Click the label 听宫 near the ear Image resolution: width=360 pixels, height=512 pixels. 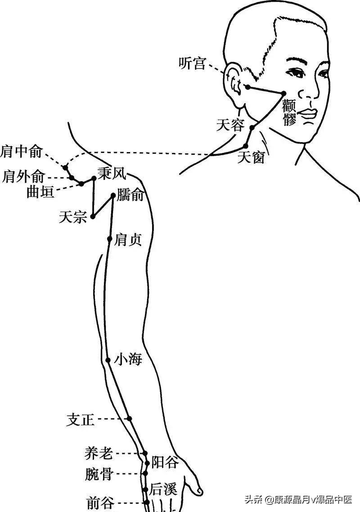click(x=192, y=64)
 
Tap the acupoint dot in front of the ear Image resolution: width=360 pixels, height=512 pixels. click(x=247, y=87)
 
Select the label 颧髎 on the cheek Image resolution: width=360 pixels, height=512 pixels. click(x=289, y=113)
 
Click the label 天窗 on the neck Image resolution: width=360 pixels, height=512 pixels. click(x=251, y=157)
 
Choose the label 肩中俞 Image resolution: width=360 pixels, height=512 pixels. click(x=22, y=152)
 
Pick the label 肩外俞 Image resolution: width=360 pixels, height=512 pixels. click(x=24, y=176)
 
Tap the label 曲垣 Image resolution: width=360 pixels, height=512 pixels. click(x=40, y=192)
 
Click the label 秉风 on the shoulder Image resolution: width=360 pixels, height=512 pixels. click(x=112, y=173)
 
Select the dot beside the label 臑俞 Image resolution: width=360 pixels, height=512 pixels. click(x=113, y=195)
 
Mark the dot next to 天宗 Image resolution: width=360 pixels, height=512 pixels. click(x=93, y=216)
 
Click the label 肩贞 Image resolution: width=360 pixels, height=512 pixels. click(x=128, y=239)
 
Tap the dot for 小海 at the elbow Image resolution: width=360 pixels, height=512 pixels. click(x=108, y=360)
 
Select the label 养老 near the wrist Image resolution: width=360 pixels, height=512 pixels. click(x=98, y=454)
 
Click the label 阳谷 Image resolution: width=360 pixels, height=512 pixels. click(x=165, y=462)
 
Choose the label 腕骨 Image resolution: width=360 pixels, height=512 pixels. click(x=99, y=474)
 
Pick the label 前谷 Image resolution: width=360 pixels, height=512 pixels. click(x=100, y=503)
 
